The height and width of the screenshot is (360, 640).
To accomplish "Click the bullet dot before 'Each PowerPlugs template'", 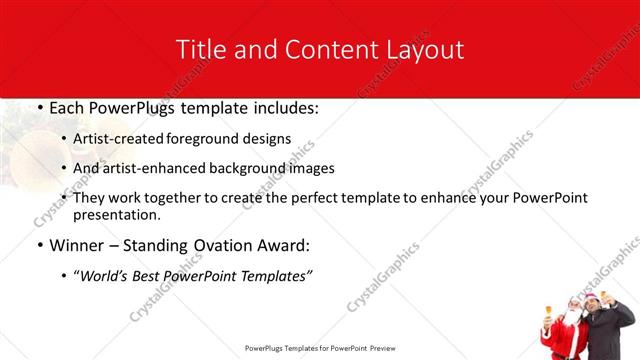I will (x=39, y=107).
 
